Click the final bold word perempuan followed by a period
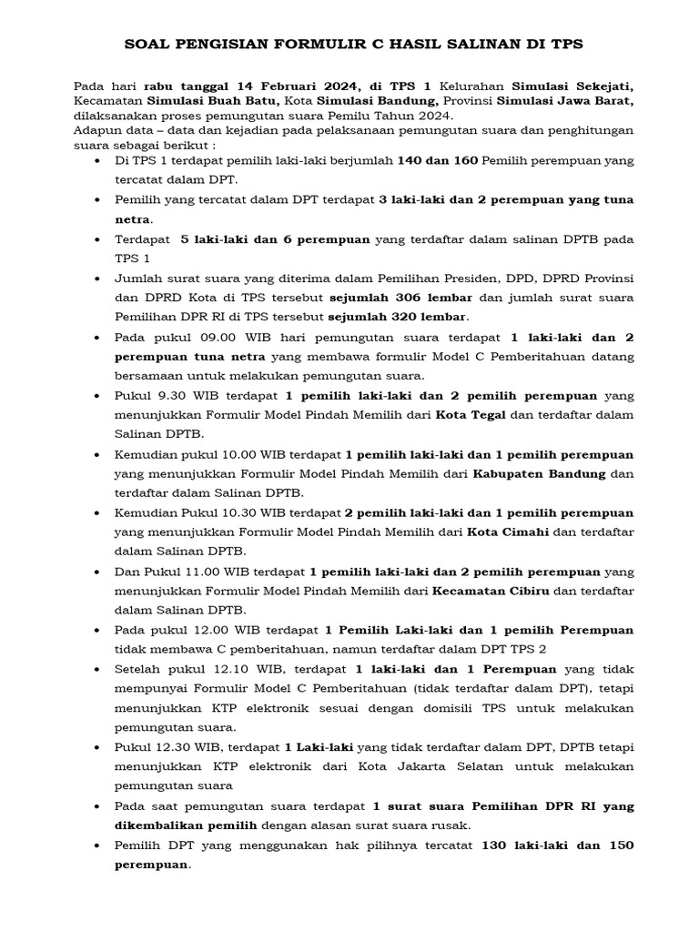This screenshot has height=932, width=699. coord(152,865)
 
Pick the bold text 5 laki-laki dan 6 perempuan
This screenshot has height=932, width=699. coord(275,239)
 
